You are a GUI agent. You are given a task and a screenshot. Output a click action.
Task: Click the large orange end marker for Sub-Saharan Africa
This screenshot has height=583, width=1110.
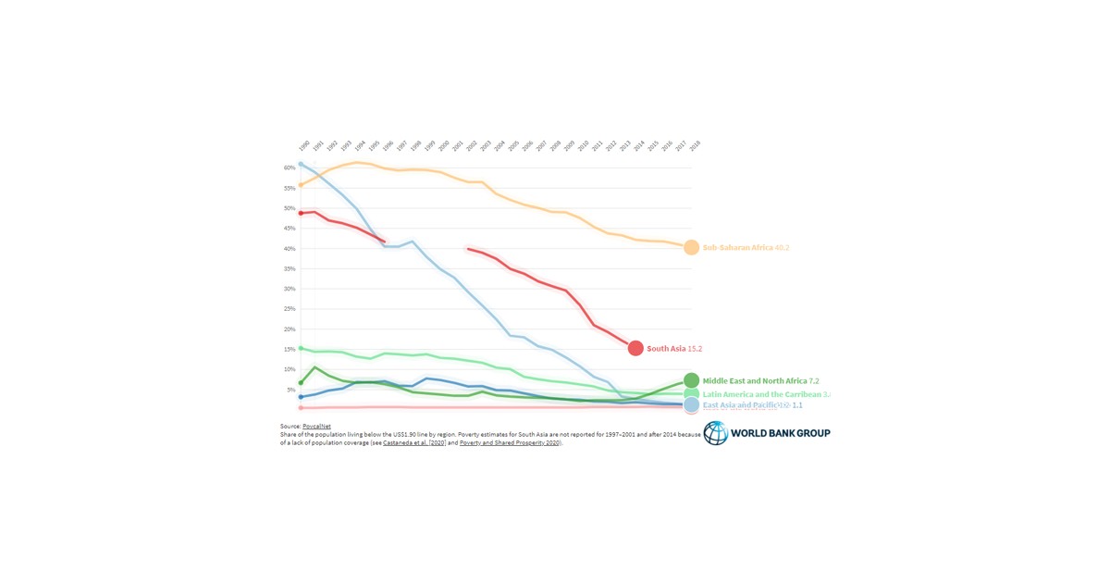point(691,248)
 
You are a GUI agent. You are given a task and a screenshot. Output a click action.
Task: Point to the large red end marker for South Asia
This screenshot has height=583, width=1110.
point(635,348)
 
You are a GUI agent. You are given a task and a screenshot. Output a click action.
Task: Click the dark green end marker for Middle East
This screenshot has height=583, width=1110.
point(691,380)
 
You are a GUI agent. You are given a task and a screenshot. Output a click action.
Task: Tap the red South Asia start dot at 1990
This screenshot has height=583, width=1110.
point(301,213)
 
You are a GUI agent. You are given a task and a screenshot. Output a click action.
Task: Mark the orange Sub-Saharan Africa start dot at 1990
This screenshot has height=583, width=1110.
point(301,185)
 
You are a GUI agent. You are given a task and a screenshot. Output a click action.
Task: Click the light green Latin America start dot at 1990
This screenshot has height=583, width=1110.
point(301,349)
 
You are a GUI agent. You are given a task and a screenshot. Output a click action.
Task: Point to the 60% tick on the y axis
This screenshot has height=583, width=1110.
point(290,167)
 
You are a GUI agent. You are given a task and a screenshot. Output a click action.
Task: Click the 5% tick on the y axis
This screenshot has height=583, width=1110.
point(290,390)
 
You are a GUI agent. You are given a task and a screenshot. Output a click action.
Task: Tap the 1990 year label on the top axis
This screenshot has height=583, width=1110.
point(303,146)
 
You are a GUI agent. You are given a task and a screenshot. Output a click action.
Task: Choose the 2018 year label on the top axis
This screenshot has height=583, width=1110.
point(694,146)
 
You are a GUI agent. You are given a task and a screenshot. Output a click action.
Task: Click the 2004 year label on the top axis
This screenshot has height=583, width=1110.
point(499,146)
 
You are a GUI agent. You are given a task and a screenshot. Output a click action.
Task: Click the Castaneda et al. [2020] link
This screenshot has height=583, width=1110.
point(414,443)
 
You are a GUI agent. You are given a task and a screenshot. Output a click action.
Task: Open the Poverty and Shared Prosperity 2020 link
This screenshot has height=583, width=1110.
point(510,443)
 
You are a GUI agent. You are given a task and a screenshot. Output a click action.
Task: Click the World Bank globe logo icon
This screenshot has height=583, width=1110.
point(716,433)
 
